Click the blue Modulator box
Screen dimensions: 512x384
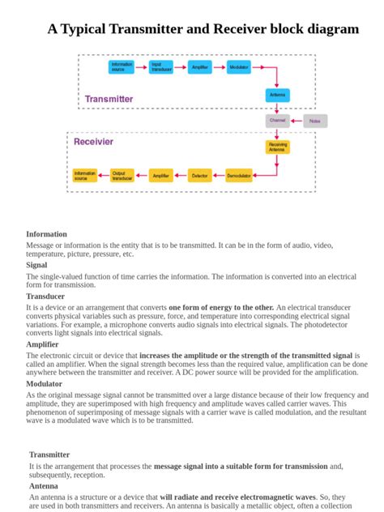pyautogui.click(x=239, y=67)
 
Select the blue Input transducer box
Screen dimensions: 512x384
pyautogui.click(x=161, y=67)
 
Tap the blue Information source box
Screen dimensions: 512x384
pyautogui.click(x=122, y=67)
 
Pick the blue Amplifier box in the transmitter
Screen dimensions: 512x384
pyautogui.click(x=199, y=67)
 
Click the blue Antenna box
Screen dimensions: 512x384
pyautogui.click(x=277, y=96)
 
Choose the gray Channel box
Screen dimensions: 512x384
pyautogui.click(x=277, y=121)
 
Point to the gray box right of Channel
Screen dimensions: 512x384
pyautogui.click(x=315, y=122)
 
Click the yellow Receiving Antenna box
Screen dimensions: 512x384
pyautogui.click(x=277, y=147)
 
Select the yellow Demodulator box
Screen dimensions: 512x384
pyautogui.click(x=239, y=175)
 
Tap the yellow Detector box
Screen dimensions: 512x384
pyautogui.click(x=200, y=175)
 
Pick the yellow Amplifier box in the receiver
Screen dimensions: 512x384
pyautogui.click(x=161, y=175)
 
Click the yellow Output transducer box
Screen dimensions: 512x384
pyautogui.click(x=122, y=175)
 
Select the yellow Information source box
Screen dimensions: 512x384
pyautogui.click(x=84, y=175)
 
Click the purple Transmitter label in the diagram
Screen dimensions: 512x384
pyautogui.click(x=109, y=99)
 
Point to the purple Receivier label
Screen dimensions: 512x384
pyautogui.click(x=94, y=142)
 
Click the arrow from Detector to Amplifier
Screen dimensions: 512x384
pyautogui.click(x=181, y=175)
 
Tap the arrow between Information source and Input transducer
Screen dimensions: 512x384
pyautogui.click(x=142, y=67)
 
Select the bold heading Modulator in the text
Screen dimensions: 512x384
pyautogui.click(x=44, y=384)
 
